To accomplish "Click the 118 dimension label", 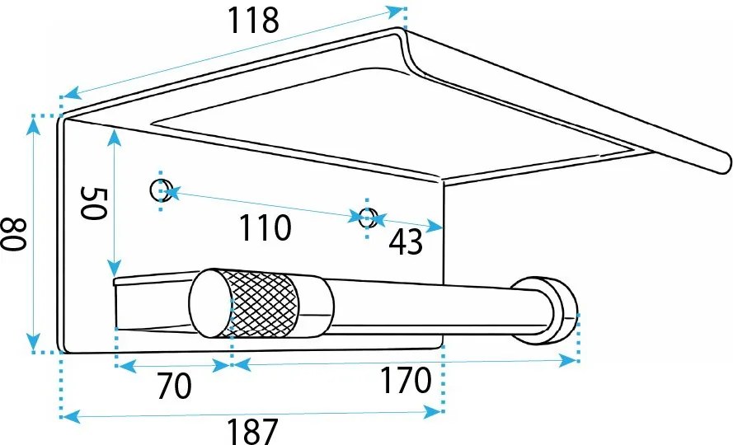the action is point(253,21).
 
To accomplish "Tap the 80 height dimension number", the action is point(12,234).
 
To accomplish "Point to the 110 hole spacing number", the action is point(265,227).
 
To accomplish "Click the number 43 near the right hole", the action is point(406,242).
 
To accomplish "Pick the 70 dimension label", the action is point(174,386).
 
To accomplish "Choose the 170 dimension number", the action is point(406,380).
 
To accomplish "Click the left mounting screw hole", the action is point(160,190).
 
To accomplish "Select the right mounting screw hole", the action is point(368,218).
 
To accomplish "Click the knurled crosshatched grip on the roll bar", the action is point(264,303).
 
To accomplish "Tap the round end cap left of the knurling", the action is point(211,303).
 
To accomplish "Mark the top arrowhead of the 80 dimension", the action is point(33,126).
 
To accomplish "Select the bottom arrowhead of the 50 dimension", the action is point(114,268).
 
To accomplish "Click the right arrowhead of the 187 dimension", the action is point(432,412).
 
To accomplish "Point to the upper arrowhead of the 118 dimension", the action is point(394,12).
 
